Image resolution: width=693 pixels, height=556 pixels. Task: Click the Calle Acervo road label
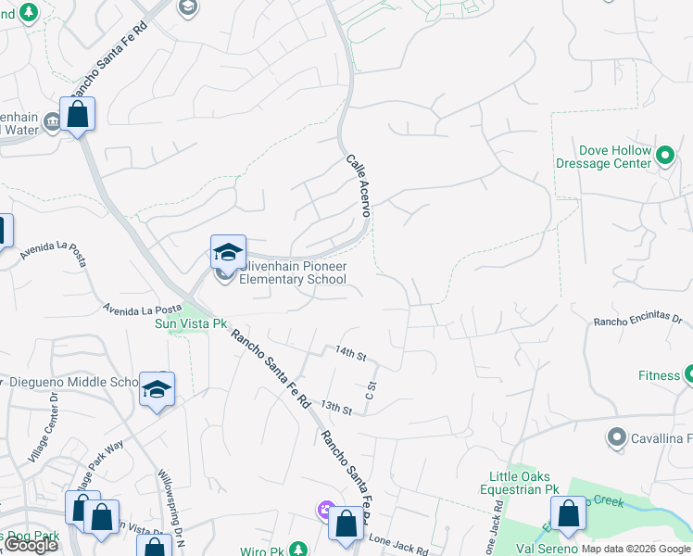359,185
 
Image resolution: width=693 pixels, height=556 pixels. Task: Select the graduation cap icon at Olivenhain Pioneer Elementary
228,252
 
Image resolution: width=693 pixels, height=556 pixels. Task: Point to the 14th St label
351,354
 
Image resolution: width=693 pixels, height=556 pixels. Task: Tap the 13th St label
336,408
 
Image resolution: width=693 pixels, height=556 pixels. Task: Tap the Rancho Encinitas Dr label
637,322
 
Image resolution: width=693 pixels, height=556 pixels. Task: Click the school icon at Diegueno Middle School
157,389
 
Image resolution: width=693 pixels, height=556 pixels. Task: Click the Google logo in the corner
31,545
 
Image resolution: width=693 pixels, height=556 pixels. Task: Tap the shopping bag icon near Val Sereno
568,514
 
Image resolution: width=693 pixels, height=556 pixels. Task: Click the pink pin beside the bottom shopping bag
324,509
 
